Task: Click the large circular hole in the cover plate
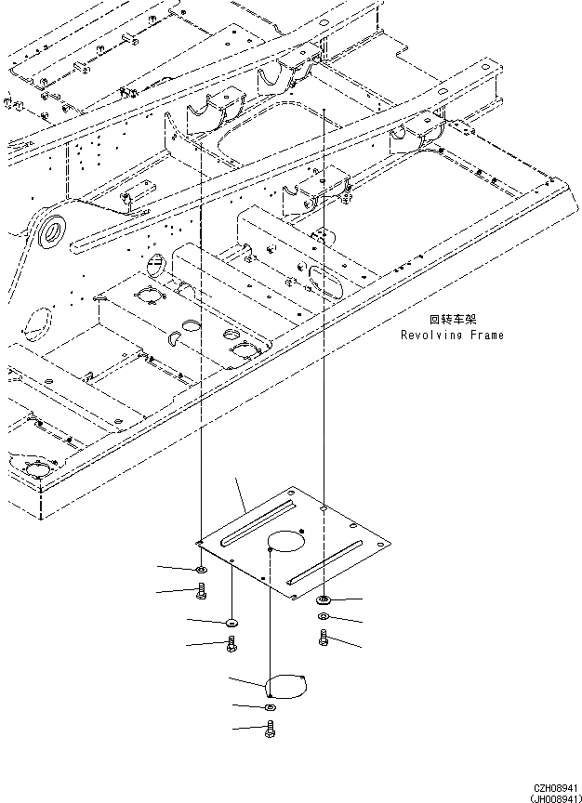click(286, 543)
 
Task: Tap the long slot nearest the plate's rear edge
click(261, 520)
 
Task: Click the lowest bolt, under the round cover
click(270, 731)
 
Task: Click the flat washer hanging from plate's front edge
click(231, 621)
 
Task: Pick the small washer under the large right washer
click(323, 618)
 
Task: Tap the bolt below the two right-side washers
click(323, 637)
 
